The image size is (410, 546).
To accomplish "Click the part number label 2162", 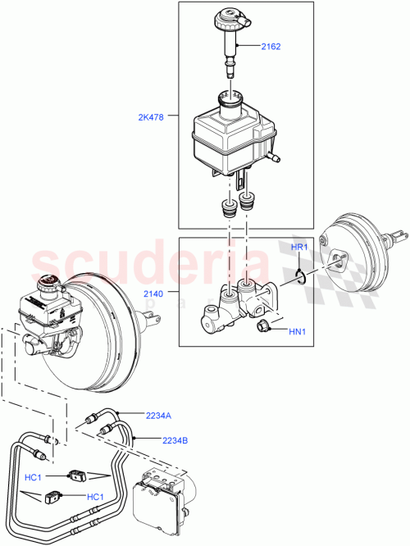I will (x=270, y=47).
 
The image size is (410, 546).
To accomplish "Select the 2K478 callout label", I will (x=151, y=117).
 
